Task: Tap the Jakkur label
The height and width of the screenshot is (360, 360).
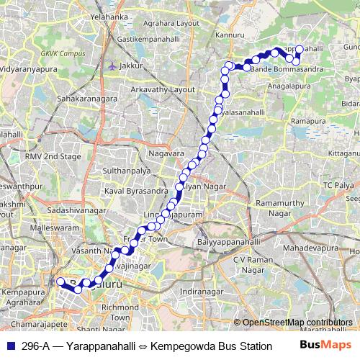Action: [x=133, y=66]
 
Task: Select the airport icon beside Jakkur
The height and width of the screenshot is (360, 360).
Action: [x=112, y=66]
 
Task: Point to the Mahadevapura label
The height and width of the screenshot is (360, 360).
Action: [x=310, y=247]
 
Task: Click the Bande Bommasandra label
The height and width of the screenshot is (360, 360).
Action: [x=282, y=68]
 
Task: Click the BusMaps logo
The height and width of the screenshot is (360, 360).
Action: [x=325, y=346]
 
